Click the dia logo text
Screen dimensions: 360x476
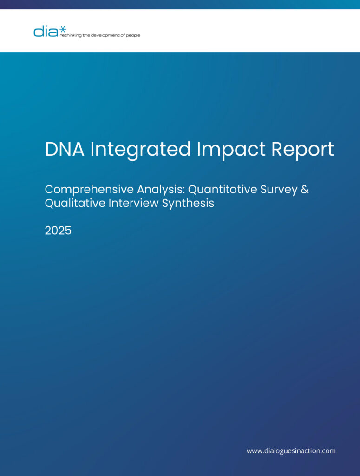(x=46, y=32)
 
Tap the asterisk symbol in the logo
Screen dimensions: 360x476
(x=62, y=29)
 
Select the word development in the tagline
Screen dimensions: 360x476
(x=103, y=35)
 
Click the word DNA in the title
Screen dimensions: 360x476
(x=65, y=149)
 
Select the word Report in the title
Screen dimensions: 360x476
(x=302, y=150)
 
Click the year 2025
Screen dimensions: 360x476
(x=58, y=231)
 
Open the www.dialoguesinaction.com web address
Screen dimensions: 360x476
(x=291, y=451)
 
